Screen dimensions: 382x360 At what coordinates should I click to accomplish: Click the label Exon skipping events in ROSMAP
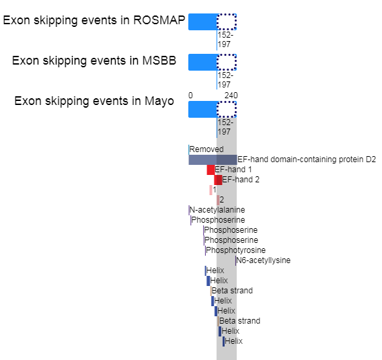(x=94, y=20)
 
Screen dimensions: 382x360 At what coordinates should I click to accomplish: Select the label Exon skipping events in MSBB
(x=94, y=61)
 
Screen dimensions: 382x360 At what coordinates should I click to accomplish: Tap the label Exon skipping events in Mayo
(x=94, y=101)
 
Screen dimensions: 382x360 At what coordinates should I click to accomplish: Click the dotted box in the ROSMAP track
(x=227, y=22)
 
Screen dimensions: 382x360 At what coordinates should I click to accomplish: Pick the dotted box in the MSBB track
(x=227, y=62)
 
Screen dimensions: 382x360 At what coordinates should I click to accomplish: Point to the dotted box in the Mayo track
(x=227, y=110)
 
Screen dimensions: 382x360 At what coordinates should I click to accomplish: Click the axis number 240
(x=231, y=96)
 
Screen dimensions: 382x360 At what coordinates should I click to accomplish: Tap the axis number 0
(x=190, y=96)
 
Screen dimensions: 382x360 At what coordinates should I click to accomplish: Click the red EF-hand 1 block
(x=211, y=170)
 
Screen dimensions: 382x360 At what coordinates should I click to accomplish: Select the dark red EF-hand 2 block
(x=219, y=180)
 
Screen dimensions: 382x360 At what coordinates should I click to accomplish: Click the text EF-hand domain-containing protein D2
(x=307, y=159)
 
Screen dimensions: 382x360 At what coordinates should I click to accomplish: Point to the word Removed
(x=206, y=149)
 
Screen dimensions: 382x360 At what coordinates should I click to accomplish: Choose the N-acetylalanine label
(x=217, y=210)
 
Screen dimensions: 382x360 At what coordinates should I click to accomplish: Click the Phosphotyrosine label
(x=235, y=250)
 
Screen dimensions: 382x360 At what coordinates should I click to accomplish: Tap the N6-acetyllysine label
(x=263, y=260)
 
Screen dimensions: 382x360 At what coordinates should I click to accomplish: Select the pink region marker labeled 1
(x=211, y=190)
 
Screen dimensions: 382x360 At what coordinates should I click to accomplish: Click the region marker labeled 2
(x=218, y=200)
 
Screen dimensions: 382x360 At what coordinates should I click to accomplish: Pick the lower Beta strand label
(x=239, y=321)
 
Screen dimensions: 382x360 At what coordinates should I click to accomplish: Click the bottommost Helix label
(x=233, y=341)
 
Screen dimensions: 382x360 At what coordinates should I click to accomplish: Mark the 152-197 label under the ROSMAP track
(x=225, y=40)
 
